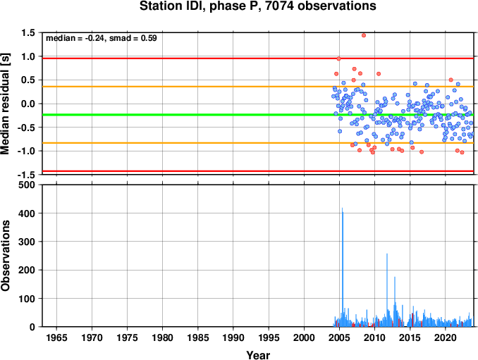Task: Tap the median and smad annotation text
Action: pyautogui.click(x=102, y=38)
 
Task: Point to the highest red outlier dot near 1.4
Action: pyautogui.click(x=363, y=35)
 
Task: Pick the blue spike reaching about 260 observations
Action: pyautogui.click(x=387, y=290)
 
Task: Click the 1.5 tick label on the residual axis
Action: pyautogui.click(x=28, y=32)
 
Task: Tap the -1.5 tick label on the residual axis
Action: pyautogui.click(x=26, y=175)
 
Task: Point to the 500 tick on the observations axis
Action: pyautogui.click(x=27, y=185)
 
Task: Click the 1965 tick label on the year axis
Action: pyautogui.click(x=56, y=337)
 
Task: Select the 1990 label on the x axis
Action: pyautogui.click(x=233, y=337)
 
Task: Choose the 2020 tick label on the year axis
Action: pyautogui.click(x=446, y=337)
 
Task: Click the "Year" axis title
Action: pyautogui.click(x=258, y=355)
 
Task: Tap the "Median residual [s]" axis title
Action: pyautogui.click(x=5, y=104)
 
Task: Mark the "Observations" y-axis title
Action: pyautogui.click(x=5, y=256)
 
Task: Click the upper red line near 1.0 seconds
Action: pyautogui.click(x=258, y=58)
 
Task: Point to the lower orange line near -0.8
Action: pyautogui.click(x=258, y=143)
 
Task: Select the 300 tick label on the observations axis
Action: pyautogui.click(x=27, y=242)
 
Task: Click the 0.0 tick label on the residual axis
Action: pyautogui.click(x=28, y=104)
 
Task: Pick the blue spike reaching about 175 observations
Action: pyautogui.click(x=395, y=302)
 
